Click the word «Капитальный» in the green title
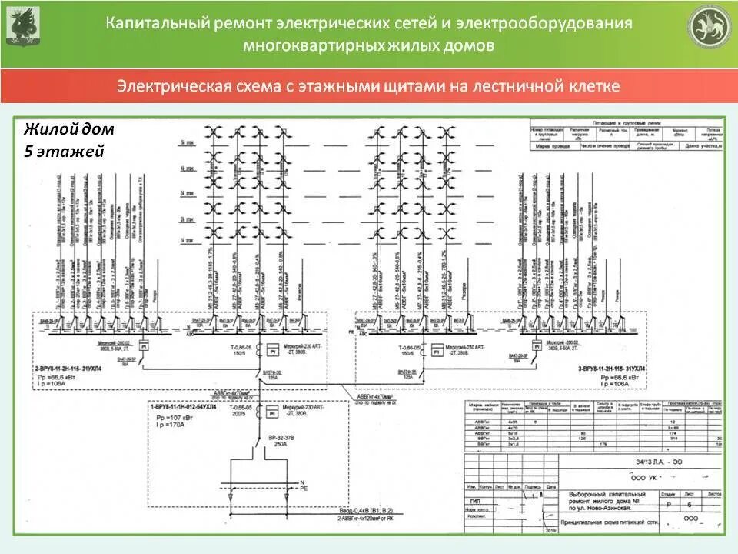[157, 23]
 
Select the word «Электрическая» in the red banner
[168, 85]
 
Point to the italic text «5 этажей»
[64, 152]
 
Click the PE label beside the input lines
[302, 488]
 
